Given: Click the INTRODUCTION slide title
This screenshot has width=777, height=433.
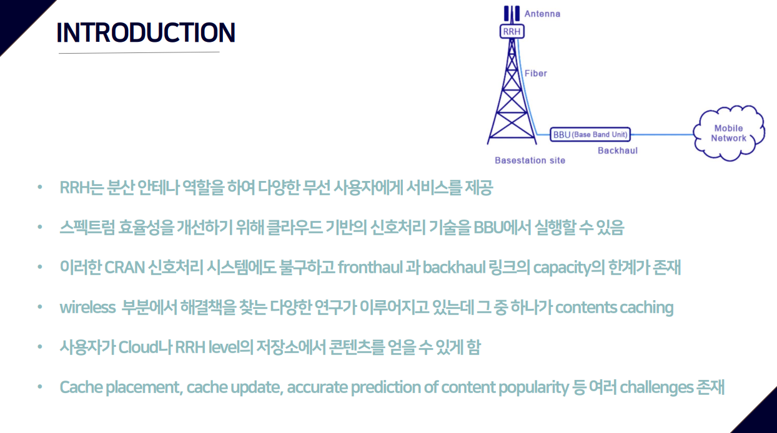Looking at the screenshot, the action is tap(146, 32).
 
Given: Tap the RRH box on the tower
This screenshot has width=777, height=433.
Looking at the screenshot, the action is tap(512, 32).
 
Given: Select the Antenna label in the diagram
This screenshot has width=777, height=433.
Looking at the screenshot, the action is tap(542, 14).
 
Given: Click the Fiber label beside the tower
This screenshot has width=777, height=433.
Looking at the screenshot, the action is tap(535, 74).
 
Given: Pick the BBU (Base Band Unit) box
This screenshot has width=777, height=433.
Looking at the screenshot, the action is tap(590, 134).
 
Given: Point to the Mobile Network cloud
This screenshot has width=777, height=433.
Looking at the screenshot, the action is tap(729, 134).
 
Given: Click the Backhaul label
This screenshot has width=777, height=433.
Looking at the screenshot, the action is tap(618, 151).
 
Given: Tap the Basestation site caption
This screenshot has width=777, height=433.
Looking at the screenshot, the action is tap(530, 160).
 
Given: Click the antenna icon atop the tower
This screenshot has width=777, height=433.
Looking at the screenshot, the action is tap(512, 14).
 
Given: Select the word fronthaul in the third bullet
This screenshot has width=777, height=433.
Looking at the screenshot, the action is tap(370, 268).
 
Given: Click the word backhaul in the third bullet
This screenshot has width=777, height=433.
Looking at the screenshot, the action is tap(453, 268).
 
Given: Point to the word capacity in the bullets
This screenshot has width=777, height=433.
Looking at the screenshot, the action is tap(562, 268).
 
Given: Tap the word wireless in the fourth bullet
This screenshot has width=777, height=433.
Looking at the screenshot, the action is tap(88, 308).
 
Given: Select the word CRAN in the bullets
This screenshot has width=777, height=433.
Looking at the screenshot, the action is tap(124, 268).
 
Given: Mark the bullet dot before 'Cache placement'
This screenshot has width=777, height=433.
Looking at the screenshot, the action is tap(40, 387).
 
